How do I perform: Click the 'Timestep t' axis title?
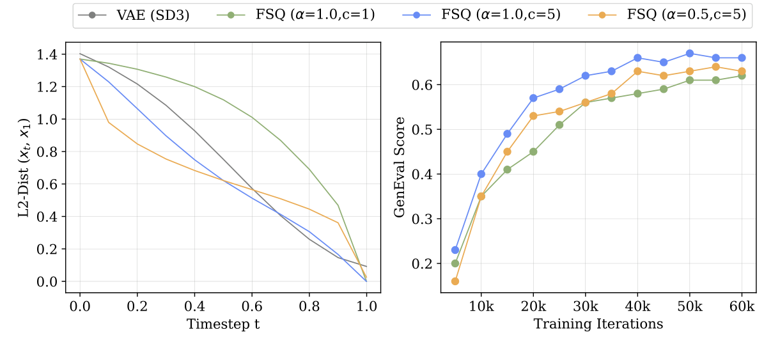point(223,324)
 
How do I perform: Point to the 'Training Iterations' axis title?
point(598,324)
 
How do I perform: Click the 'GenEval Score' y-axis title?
point(400,167)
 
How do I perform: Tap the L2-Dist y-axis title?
point(24,167)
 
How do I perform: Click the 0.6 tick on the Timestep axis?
point(252,306)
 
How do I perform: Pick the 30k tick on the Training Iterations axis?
point(585,306)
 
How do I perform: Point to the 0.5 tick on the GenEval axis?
point(423,129)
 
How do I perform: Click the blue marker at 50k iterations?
point(690,53)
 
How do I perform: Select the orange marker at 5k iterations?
point(455,281)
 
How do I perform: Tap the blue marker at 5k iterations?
point(455,250)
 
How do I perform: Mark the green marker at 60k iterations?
point(742,75)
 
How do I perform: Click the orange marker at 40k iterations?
point(637,71)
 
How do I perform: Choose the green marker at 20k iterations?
point(533,152)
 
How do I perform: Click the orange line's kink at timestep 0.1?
point(109,122)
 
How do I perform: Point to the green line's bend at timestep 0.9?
point(338,205)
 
